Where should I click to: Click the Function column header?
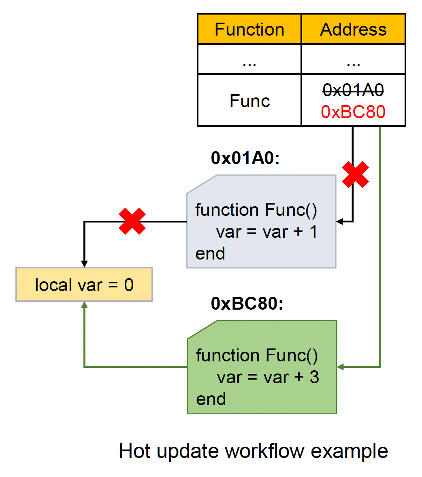tap(249, 30)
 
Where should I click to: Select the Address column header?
tap(353, 30)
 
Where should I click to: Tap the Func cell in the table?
tap(249, 101)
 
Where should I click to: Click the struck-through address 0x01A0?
tap(353, 90)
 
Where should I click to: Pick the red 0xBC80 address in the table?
tap(353, 112)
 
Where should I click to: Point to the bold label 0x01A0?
tap(245, 158)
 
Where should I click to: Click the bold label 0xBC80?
tap(247, 303)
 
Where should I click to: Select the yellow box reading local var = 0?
tap(84, 285)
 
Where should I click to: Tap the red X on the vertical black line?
tap(355, 175)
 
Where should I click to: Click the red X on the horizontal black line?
tap(132, 221)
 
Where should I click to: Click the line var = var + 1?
tap(267, 232)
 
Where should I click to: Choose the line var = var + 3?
tap(268, 377)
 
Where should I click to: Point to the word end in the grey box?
tap(210, 254)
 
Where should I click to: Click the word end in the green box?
tap(211, 399)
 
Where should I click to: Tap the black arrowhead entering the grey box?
tap(340, 222)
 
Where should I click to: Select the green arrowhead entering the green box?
tap(341, 367)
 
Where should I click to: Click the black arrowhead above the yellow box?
tap(84, 264)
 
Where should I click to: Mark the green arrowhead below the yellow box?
tap(84, 305)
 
